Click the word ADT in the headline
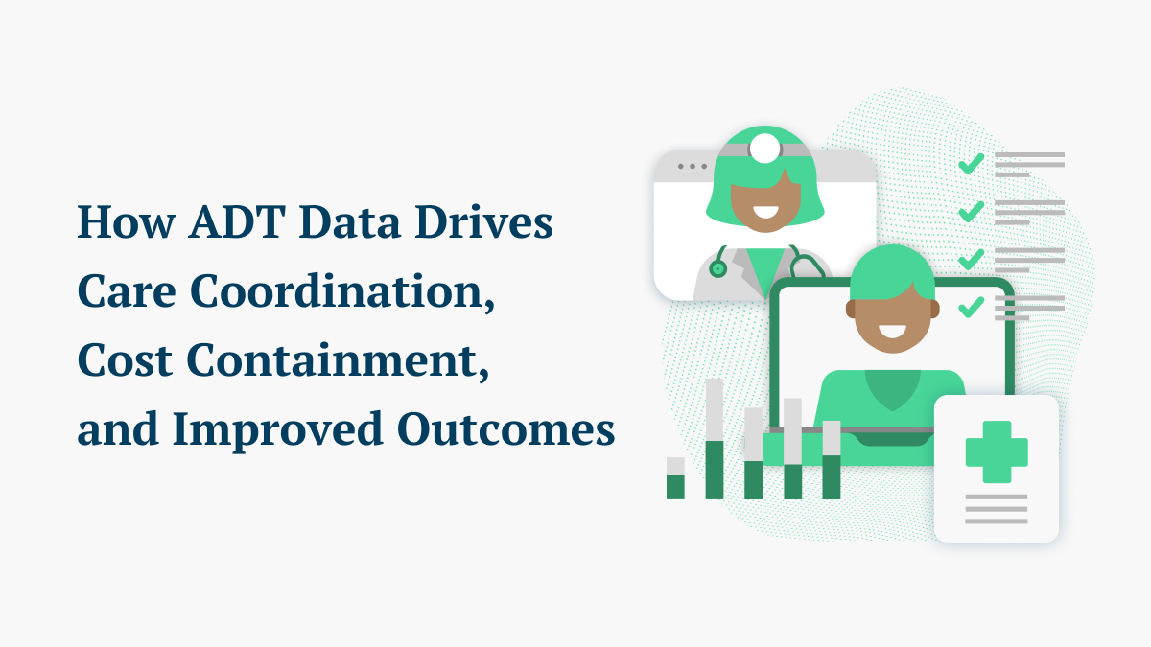[x=237, y=221]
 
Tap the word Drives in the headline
[x=484, y=221]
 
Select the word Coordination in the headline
[x=342, y=291]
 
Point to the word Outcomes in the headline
[x=506, y=428]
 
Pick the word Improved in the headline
[x=278, y=430]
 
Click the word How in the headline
[x=126, y=221]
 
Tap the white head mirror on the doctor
[x=764, y=149]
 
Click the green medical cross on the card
[x=997, y=451]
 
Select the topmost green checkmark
[x=971, y=164]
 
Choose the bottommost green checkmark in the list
[x=971, y=307]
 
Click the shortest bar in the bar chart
[x=675, y=478]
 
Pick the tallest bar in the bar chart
[x=715, y=439]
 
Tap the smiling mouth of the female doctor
[x=765, y=211]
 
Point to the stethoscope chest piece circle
[x=717, y=268]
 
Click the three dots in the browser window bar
[x=693, y=167]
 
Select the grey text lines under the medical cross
[x=997, y=509]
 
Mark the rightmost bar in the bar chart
[x=832, y=460]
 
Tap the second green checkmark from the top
[x=971, y=212]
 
